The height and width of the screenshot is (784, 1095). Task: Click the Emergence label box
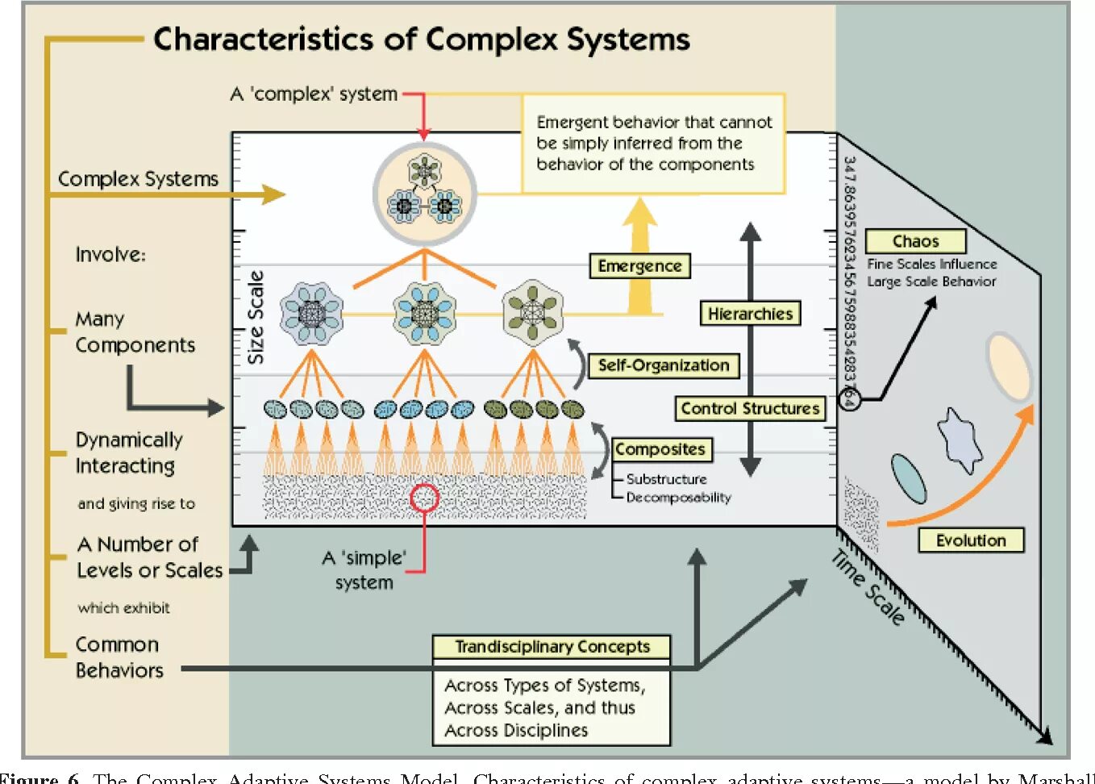pos(639,266)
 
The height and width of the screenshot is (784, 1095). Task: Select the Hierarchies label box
pos(750,314)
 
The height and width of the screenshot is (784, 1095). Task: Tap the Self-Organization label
pos(663,365)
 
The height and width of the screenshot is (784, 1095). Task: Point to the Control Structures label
pos(750,408)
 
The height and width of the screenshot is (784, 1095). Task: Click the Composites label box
pos(660,449)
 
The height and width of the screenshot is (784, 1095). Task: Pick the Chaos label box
pos(915,241)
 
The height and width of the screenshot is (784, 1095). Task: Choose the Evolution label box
pos(971,540)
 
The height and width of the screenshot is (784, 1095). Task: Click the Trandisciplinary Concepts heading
pos(552,647)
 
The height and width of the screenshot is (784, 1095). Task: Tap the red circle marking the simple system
pos(424,498)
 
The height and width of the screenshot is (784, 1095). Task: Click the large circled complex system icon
pos(424,194)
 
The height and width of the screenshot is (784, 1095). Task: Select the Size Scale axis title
pos(256,317)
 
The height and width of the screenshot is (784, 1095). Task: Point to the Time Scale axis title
pos(868,587)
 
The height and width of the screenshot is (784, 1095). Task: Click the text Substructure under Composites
pos(666,479)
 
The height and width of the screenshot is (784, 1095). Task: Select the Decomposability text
pos(678,498)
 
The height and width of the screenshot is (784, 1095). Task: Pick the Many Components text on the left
pos(135,332)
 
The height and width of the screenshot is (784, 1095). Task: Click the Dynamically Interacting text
pos(128,452)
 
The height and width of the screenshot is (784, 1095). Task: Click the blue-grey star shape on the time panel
pos(960,440)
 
